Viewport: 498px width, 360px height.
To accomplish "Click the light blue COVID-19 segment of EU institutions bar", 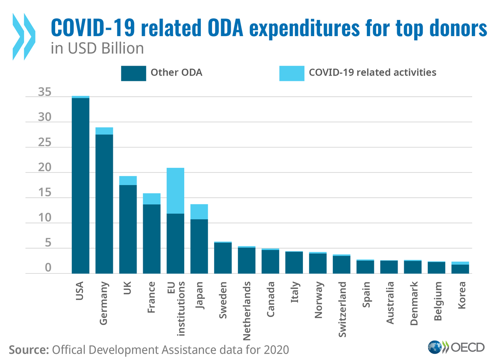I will pos(175,191).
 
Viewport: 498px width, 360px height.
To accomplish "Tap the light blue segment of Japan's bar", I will pos(199,212).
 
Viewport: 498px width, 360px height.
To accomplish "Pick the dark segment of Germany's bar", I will pos(104,204).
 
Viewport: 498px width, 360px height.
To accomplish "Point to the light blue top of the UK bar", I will pos(128,181).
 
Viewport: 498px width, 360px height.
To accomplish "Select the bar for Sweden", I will pos(223,258).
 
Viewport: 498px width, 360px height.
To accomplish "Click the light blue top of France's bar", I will pos(151,199).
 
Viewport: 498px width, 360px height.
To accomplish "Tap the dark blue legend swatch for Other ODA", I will pos(133,73).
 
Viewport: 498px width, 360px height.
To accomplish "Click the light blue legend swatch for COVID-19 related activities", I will pos(292,73).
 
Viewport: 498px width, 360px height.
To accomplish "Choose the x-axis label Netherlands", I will pos(247,305).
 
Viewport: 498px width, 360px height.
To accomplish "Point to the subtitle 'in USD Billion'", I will pos(97,49).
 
